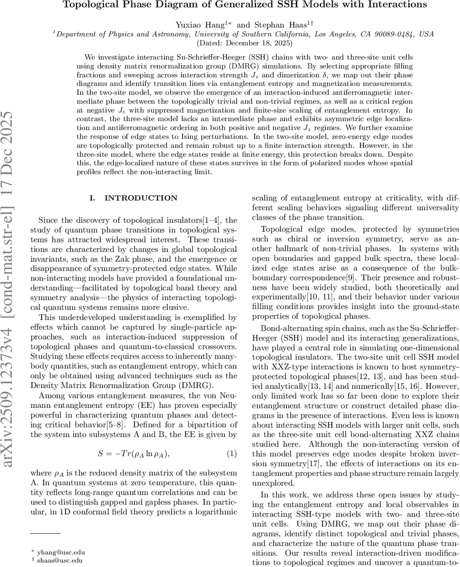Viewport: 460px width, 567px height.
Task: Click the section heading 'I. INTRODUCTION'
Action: point(133,198)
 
